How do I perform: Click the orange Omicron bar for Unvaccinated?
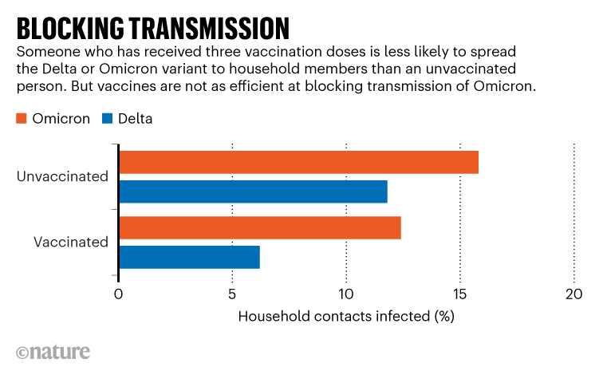click(298, 162)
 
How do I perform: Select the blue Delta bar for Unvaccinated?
click(253, 191)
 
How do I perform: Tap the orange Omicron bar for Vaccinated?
click(259, 227)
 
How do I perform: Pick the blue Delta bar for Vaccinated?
click(189, 257)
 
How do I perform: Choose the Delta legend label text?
click(136, 119)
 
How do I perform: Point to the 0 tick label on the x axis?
click(119, 294)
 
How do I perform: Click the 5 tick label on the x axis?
click(232, 294)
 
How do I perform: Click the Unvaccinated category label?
click(62, 176)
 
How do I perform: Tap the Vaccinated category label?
click(70, 242)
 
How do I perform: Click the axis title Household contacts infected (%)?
click(346, 317)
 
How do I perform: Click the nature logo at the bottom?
click(53, 352)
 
